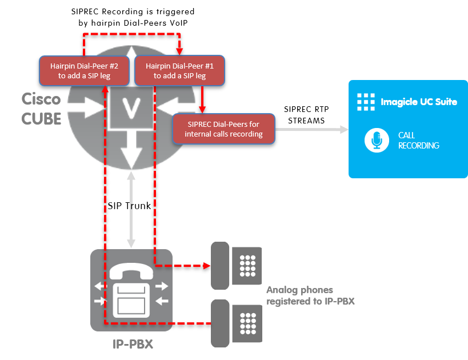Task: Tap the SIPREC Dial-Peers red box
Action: pos(223,129)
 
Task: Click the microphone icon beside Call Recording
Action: pos(376,141)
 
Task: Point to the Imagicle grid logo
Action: pos(366,102)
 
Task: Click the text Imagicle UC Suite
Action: pos(419,102)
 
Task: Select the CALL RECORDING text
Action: pos(418,141)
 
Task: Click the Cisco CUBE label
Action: pos(41,109)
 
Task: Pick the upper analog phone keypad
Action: pos(247,266)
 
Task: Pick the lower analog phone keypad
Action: pos(247,323)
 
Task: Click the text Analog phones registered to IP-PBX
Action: pos(310,295)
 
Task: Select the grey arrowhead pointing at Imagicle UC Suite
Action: pos(343,130)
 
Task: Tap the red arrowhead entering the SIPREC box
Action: pos(201,110)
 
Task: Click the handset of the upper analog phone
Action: pos(219,266)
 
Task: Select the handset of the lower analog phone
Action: pos(219,323)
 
